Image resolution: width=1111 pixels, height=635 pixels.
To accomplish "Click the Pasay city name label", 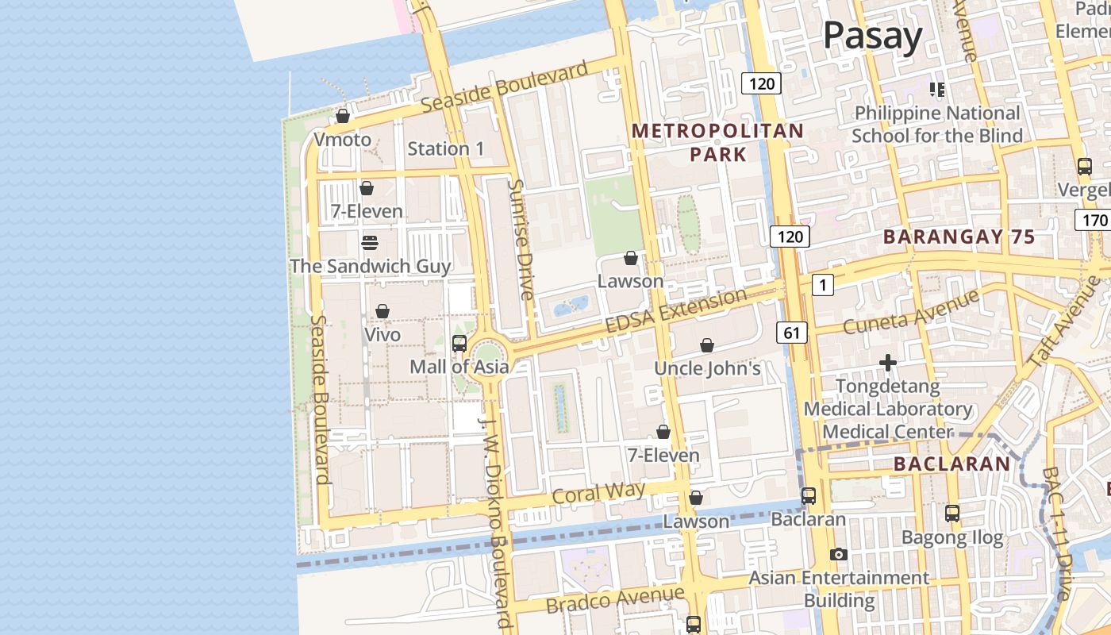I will pos(872,36).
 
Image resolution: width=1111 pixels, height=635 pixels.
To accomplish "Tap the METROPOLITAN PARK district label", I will pos(717,142).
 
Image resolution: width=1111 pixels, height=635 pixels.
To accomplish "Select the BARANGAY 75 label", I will pos(959,237).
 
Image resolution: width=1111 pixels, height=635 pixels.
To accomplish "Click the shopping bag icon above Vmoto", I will pos(343,116).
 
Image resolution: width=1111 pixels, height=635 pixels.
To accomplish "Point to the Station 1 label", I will pos(445,148).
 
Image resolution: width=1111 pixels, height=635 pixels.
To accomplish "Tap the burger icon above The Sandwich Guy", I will pos(370,242).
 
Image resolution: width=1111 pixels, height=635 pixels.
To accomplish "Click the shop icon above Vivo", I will pos(383,311).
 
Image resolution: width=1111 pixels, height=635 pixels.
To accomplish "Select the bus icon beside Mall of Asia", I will pos(459,343).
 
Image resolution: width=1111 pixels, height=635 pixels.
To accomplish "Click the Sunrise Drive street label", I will pos(521,239).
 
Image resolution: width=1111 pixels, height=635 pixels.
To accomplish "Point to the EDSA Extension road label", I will pos(675,311).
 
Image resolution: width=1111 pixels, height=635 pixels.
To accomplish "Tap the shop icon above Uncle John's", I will pos(707,345).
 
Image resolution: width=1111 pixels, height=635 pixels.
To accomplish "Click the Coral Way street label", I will pos(598,493).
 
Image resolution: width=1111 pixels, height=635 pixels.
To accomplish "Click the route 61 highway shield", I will pos(792,333).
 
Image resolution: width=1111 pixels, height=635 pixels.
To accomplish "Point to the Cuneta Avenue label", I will pos(911,312).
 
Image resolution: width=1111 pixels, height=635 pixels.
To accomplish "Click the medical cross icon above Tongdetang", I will pos(888,364).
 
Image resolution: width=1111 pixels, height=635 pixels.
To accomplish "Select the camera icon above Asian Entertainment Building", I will pos(838,554).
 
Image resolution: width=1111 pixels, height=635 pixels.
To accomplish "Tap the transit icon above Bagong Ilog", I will pos(952,514).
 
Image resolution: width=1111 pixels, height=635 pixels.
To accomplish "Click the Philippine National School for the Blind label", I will pos(936,125).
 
